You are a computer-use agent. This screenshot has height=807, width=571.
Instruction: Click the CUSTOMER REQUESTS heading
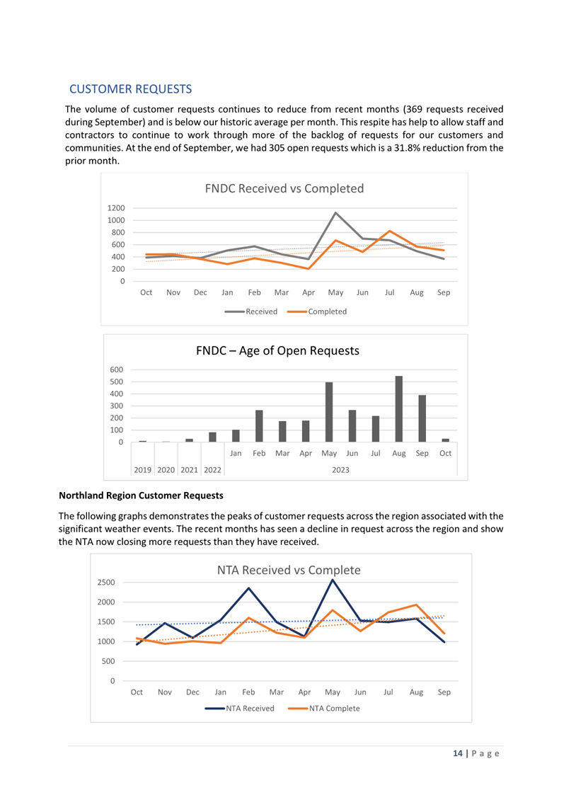pyautogui.click(x=131, y=89)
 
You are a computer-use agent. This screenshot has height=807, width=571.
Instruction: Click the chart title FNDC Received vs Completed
pyautogui.click(x=284, y=188)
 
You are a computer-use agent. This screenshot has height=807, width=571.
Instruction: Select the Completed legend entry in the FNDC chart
pyautogui.click(x=317, y=311)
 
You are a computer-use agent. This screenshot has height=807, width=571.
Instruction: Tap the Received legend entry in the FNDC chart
pyautogui.click(x=251, y=311)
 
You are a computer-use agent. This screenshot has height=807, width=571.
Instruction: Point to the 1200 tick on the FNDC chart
pyautogui.click(x=116, y=208)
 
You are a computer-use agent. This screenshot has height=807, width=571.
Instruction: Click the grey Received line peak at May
pyautogui.click(x=335, y=212)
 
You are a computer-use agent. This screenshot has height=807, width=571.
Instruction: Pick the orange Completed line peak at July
pyautogui.click(x=390, y=231)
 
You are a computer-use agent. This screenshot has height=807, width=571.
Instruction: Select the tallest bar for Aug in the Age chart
pyautogui.click(x=398, y=408)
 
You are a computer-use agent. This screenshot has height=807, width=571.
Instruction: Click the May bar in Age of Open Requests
pyautogui.click(x=329, y=412)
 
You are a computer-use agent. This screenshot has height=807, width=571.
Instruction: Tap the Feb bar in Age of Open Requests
pyautogui.click(x=259, y=426)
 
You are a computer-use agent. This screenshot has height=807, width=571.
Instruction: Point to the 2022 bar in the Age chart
pyautogui.click(x=212, y=437)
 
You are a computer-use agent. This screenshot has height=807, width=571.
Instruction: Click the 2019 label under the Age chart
pyautogui.click(x=142, y=470)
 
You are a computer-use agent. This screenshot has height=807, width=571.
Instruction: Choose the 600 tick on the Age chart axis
pyautogui.click(x=117, y=370)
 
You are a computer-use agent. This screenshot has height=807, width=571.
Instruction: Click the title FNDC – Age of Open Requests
pyautogui.click(x=278, y=350)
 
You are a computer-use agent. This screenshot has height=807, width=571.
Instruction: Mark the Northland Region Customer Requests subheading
pyautogui.click(x=141, y=496)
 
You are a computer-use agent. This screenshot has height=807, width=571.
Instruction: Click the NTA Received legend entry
pyautogui.click(x=240, y=708)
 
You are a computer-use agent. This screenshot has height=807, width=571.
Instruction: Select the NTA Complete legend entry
pyautogui.click(x=324, y=708)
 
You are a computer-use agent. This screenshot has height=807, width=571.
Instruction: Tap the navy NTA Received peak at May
pyautogui.click(x=333, y=580)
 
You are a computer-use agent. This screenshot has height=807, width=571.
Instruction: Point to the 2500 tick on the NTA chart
pyautogui.click(x=106, y=582)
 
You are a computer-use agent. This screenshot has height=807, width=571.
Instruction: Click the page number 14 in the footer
pyautogui.click(x=458, y=753)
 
